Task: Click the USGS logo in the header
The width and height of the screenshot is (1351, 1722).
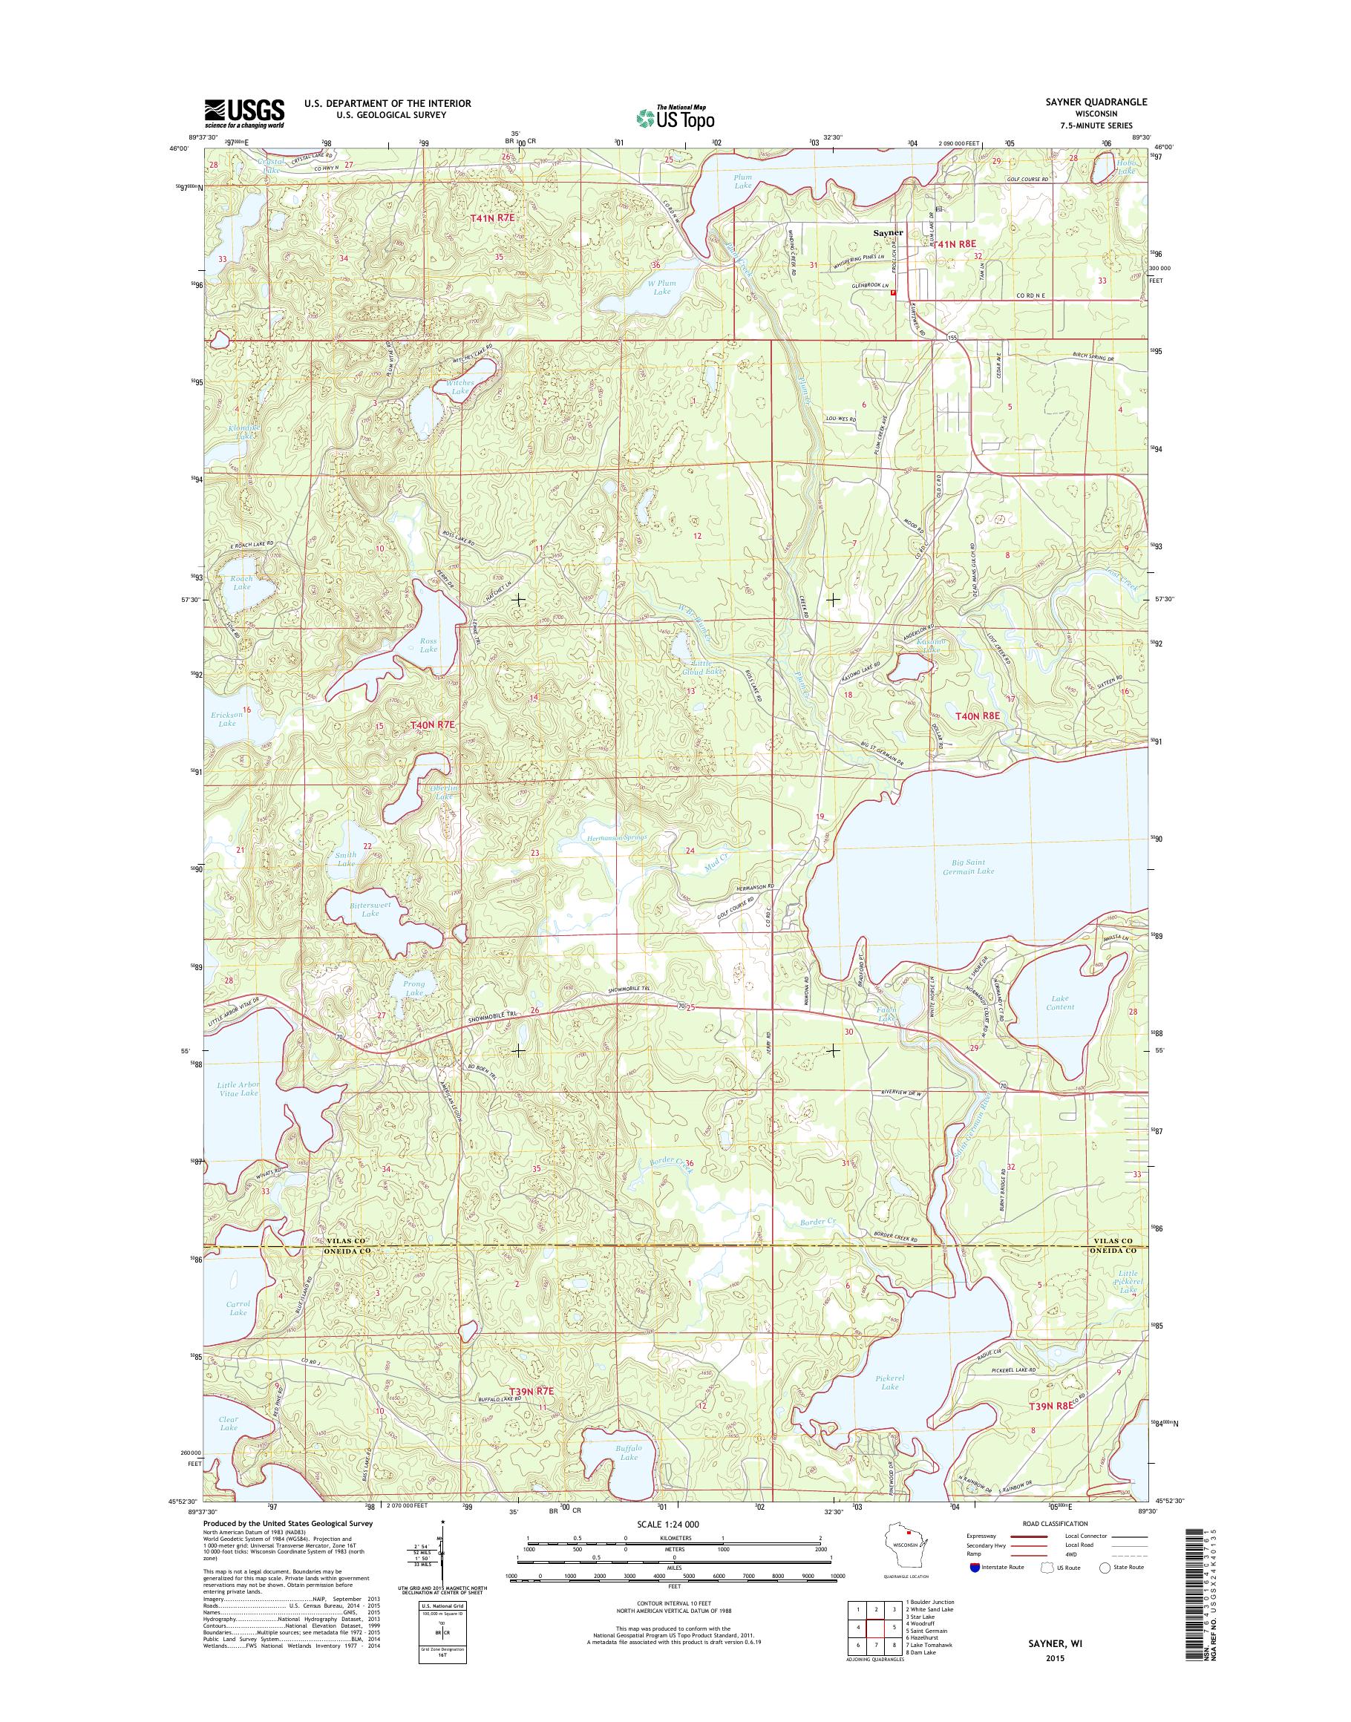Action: coord(244,113)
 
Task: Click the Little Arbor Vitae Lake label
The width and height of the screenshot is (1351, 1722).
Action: coord(238,1088)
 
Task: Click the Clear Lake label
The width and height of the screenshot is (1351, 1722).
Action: coord(229,1423)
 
